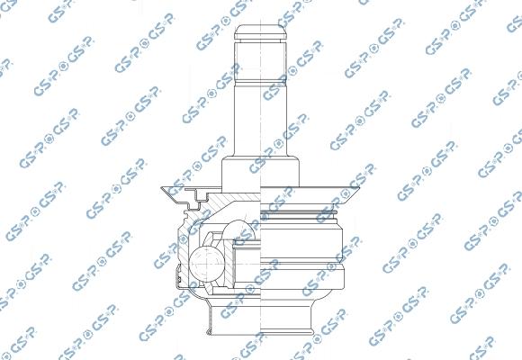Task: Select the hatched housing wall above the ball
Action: click(x=229, y=203)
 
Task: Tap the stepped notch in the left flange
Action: click(x=200, y=195)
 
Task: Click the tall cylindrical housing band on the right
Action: click(x=306, y=238)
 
